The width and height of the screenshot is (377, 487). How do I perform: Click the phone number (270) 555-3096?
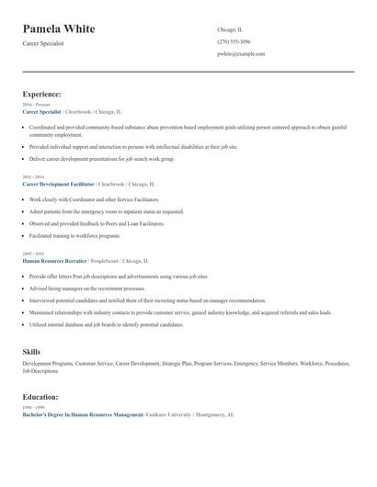point(234,41)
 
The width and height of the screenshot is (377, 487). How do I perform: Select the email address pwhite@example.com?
point(241,54)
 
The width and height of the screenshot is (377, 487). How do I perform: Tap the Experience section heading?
point(42,94)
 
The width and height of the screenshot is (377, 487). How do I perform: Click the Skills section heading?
point(31,352)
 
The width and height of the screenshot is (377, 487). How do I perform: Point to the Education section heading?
point(40,397)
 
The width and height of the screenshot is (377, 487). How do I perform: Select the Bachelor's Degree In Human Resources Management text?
point(83,414)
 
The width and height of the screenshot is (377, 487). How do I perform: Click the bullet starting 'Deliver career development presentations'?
point(101,158)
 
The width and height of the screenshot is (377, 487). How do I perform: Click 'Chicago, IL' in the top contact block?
point(230,29)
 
